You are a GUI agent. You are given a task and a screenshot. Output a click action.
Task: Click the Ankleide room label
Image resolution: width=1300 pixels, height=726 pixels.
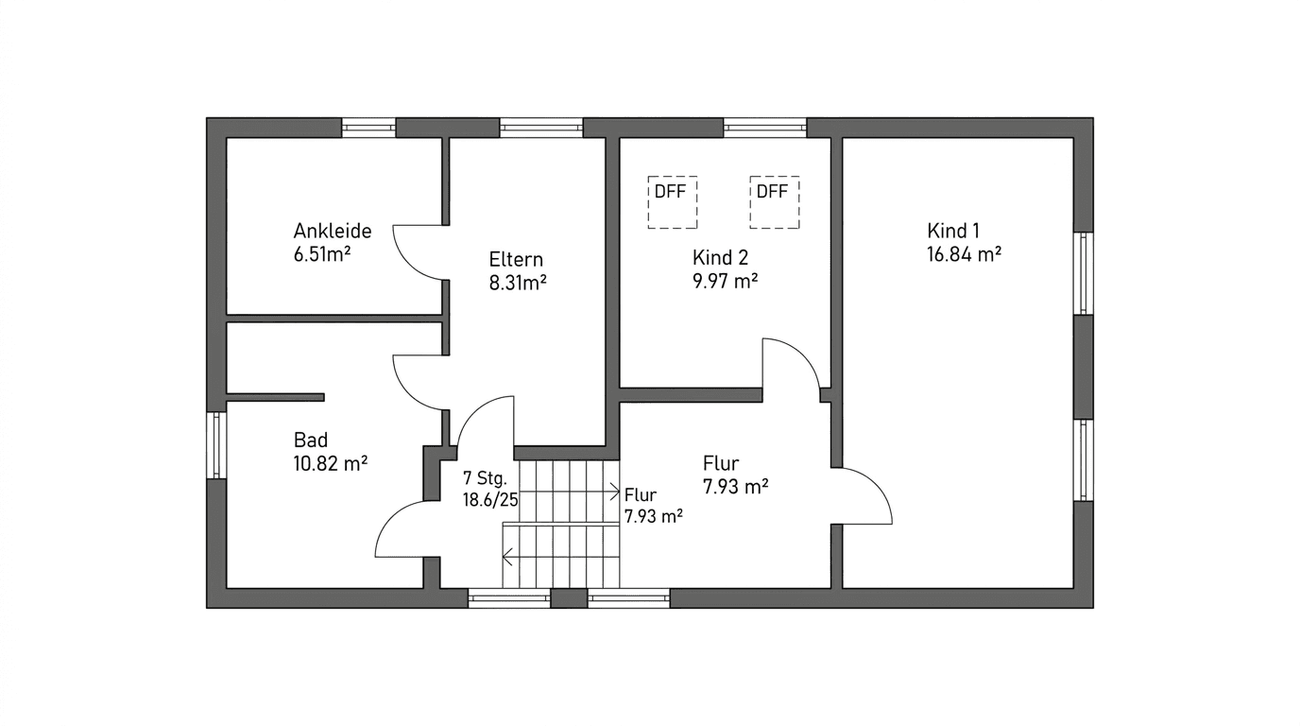pos(332,231)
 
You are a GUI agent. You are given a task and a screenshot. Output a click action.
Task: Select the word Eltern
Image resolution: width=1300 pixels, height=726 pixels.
pos(516,259)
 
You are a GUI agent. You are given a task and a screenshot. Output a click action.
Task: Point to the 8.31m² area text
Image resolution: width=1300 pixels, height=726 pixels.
pos(518,282)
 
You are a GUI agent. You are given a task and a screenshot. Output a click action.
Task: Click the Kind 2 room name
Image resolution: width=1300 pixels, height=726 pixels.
pos(720,258)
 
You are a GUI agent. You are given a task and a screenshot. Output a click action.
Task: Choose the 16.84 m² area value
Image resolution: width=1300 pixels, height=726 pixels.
pos(964,253)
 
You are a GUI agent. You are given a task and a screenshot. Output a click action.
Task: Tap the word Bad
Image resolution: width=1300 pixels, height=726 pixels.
pos(311,440)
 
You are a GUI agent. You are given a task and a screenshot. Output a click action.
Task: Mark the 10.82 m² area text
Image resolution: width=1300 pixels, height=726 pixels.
pos(330,463)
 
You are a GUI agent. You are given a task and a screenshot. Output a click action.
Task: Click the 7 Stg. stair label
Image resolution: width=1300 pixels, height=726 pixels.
pos(486,477)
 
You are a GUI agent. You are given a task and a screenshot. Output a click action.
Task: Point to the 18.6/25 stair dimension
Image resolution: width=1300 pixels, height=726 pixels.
pos(489,500)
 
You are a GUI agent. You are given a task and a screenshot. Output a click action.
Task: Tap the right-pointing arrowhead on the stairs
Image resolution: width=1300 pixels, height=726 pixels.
pos(616,493)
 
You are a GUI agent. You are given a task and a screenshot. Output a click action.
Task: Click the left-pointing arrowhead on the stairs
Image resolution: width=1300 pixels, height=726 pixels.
pos(507,558)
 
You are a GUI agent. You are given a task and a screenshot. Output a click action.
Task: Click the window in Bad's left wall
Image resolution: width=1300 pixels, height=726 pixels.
pos(216,444)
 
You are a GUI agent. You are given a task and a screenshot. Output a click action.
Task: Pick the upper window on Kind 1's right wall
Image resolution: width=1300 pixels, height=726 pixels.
pos(1084,273)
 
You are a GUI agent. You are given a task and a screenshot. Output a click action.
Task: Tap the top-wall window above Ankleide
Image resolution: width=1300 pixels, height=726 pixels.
pos(368,128)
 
